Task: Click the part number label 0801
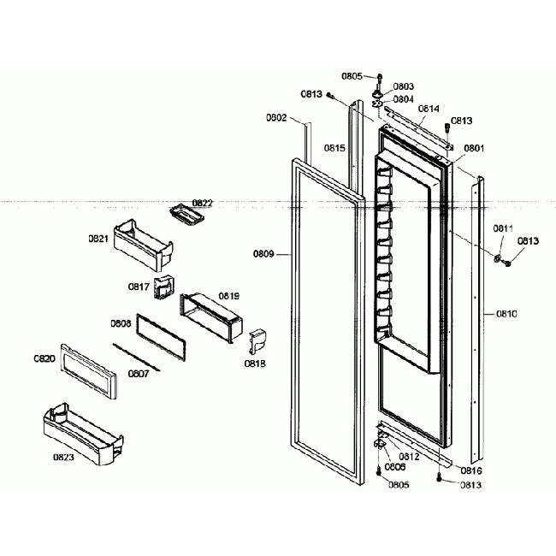[x=474, y=148]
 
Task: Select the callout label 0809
[x=264, y=254]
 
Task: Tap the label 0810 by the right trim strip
[x=506, y=314]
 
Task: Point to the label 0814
[x=429, y=109]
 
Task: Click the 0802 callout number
[x=276, y=117]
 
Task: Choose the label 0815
[x=334, y=148]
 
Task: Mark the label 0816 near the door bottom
[x=470, y=471]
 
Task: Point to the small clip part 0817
[x=163, y=289]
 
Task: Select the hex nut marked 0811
[x=497, y=257]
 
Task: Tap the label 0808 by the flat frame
[x=121, y=324]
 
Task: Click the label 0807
[x=139, y=373]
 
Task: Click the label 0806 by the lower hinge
[x=395, y=467]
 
